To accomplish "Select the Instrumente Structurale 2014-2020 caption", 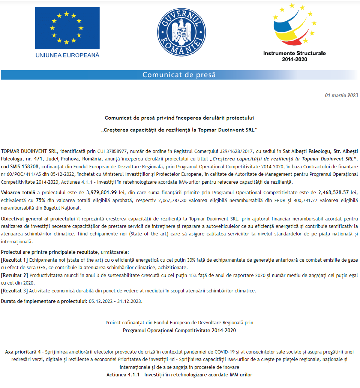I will (x=294, y=56).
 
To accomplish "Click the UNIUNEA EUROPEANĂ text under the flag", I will (x=67, y=55).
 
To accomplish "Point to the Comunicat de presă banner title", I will (x=179, y=75).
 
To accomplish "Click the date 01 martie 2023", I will (x=341, y=96).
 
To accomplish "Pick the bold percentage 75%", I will (x=41, y=200).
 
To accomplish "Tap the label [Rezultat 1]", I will (x=15, y=260).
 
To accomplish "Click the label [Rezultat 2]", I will (x=15, y=275).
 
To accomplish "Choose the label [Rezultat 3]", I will (x=15, y=291).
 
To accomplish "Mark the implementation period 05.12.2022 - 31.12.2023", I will (x=115, y=301).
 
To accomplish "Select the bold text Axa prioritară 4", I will (x=23, y=352).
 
